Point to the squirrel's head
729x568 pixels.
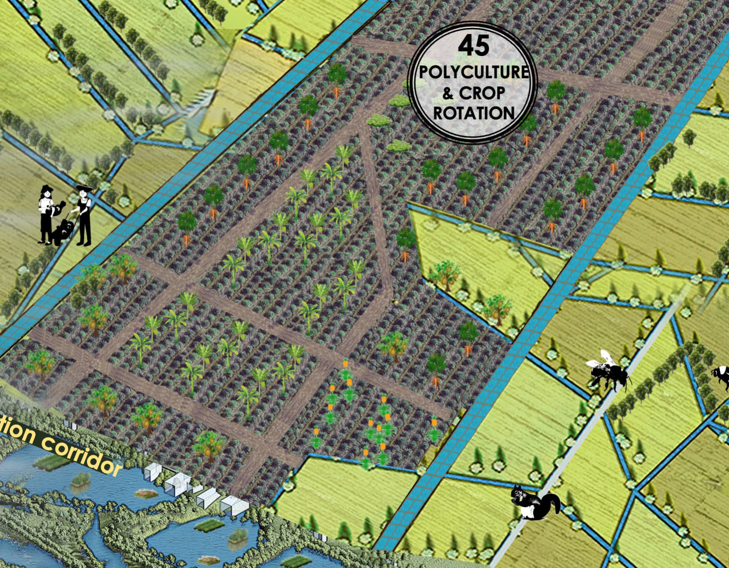click(x=517, y=492)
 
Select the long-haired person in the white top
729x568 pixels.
click(x=45, y=214)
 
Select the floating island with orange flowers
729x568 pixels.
click(x=147, y=494)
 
